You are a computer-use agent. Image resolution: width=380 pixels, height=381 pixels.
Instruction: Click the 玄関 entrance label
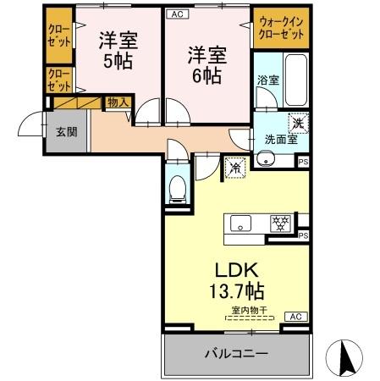pos(67,132)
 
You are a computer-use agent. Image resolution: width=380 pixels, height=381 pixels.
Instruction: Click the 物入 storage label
pos(118,102)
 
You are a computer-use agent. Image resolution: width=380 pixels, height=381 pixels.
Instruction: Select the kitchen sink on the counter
pos(240,224)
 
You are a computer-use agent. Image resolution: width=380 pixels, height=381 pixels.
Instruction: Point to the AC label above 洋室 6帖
pos(177,14)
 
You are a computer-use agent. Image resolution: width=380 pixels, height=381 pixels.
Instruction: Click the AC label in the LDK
pos(295,316)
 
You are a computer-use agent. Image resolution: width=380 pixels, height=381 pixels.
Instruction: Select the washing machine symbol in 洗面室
pos(298,123)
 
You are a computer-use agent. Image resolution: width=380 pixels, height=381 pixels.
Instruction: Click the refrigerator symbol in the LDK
pos(234,167)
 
